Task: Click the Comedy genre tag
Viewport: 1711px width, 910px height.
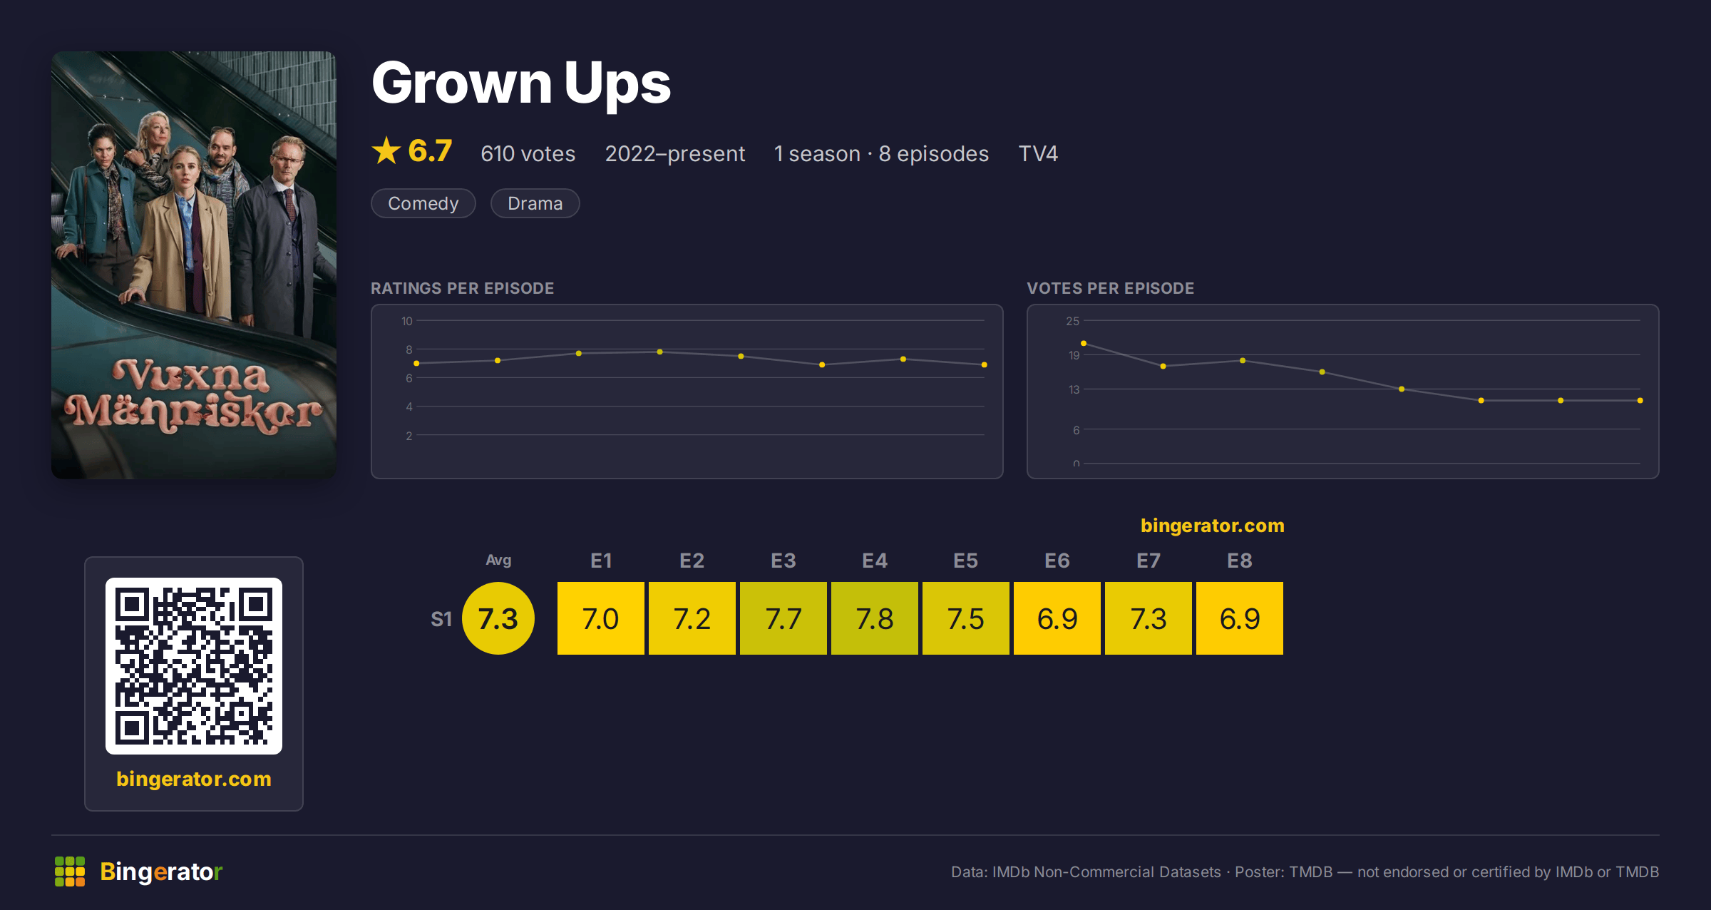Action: click(423, 203)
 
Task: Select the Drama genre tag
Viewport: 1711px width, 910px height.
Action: click(535, 203)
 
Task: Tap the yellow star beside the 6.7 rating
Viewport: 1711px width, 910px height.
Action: click(386, 150)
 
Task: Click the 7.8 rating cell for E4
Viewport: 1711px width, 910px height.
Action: click(875, 618)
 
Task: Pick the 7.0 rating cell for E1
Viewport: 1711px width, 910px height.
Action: click(601, 618)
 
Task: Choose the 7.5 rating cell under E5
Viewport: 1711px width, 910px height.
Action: click(966, 618)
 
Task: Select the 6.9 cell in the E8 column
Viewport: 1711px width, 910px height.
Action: click(1240, 618)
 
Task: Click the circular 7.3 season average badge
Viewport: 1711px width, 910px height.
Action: click(498, 618)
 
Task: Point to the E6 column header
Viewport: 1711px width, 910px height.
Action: click(1057, 561)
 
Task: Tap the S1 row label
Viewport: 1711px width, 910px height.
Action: click(441, 619)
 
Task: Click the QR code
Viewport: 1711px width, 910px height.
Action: click(194, 666)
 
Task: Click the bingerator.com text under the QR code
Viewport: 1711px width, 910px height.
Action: click(194, 779)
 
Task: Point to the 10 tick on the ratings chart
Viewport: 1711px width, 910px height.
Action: click(407, 321)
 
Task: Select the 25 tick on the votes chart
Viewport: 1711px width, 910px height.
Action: click(1073, 321)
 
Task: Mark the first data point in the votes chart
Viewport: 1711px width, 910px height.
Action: click(1084, 344)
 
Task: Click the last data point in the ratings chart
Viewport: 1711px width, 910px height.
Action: click(985, 365)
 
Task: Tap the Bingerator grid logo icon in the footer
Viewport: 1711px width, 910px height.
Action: click(70, 871)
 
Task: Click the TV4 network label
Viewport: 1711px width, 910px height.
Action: click(1038, 153)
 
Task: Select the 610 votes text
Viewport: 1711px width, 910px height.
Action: click(528, 153)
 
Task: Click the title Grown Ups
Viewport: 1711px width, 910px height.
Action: click(521, 83)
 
